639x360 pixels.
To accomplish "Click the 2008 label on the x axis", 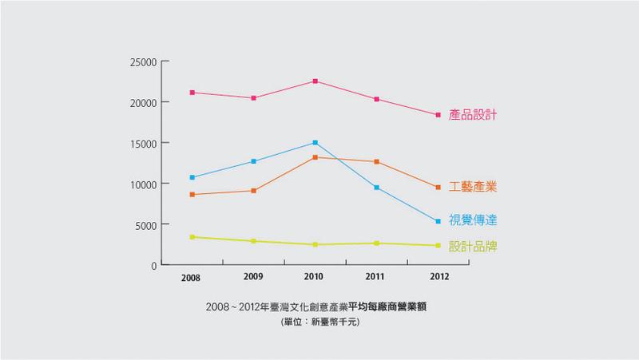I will click(x=191, y=278).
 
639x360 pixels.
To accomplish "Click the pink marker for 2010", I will click(x=316, y=81).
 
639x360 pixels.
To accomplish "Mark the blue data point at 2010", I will click(x=316, y=143).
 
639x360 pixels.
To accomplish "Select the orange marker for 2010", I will click(x=316, y=157).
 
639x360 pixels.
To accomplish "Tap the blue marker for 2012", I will click(x=439, y=221).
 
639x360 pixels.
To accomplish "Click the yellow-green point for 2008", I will click(x=192, y=237).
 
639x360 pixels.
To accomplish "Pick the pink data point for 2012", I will click(x=439, y=115).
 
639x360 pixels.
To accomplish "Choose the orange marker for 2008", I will click(x=192, y=194).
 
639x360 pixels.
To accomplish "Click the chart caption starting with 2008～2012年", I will click(x=319, y=307).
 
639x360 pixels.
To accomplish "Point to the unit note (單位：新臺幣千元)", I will click(x=319, y=322).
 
